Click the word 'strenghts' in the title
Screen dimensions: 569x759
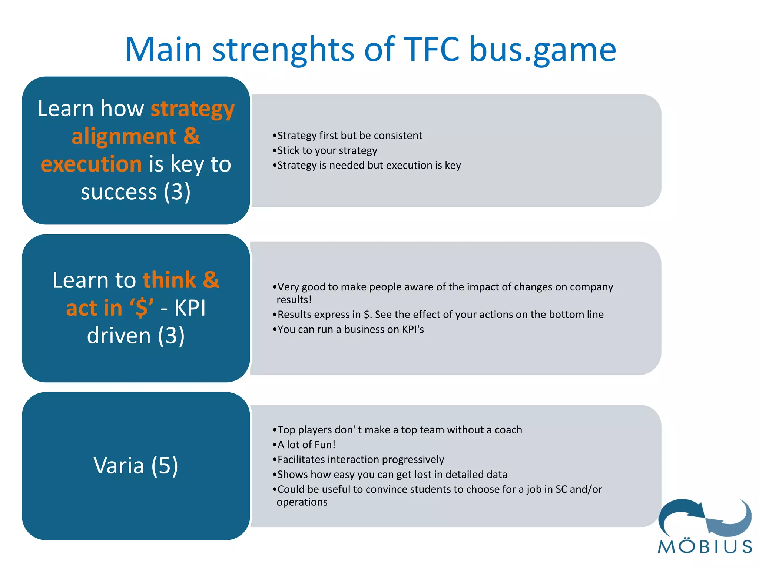284,50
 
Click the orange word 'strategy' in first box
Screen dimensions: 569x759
193,110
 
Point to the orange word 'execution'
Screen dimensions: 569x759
91,164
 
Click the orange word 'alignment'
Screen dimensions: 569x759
124,136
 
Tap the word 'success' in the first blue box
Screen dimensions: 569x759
119,192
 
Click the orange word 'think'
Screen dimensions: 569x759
169,280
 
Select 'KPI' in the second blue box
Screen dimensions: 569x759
190,307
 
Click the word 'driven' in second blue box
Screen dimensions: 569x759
119,336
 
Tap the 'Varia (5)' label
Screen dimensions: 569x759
136,466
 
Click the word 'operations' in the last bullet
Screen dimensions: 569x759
302,502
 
